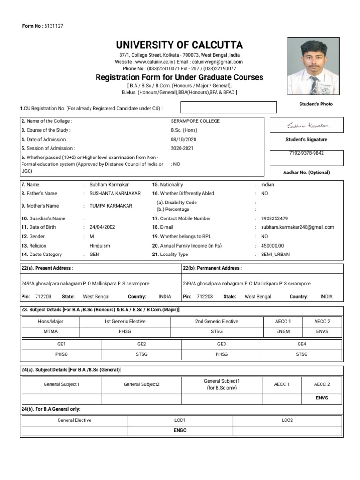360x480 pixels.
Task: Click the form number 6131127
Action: pyautogui.click(x=53, y=26)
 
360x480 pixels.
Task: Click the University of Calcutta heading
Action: pyautogui.click(x=179, y=45)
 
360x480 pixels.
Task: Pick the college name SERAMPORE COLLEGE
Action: pyautogui.click(x=195, y=121)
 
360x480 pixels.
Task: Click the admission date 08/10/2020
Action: pyautogui.click(x=184, y=139)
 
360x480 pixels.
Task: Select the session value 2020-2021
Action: pyautogui.click(x=183, y=148)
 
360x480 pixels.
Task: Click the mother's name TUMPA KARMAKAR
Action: pyautogui.click(x=111, y=206)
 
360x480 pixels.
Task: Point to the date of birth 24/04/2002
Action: pyautogui.click(x=102, y=227)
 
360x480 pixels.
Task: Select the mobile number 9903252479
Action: pyautogui.click(x=275, y=218)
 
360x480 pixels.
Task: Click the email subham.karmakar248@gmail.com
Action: pyautogui.click(x=298, y=227)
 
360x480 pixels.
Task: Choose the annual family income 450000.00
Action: pyautogui.click(x=272, y=245)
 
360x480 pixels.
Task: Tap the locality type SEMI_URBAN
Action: pyautogui.click(x=275, y=254)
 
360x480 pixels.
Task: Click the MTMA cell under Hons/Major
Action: pyautogui.click(x=50, y=331)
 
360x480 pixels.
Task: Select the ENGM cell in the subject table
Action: pyautogui.click(x=283, y=331)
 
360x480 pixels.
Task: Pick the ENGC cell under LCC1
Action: pyautogui.click(x=180, y=430)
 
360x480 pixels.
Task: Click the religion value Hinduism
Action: pyautogui.click(x=100, y=245)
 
